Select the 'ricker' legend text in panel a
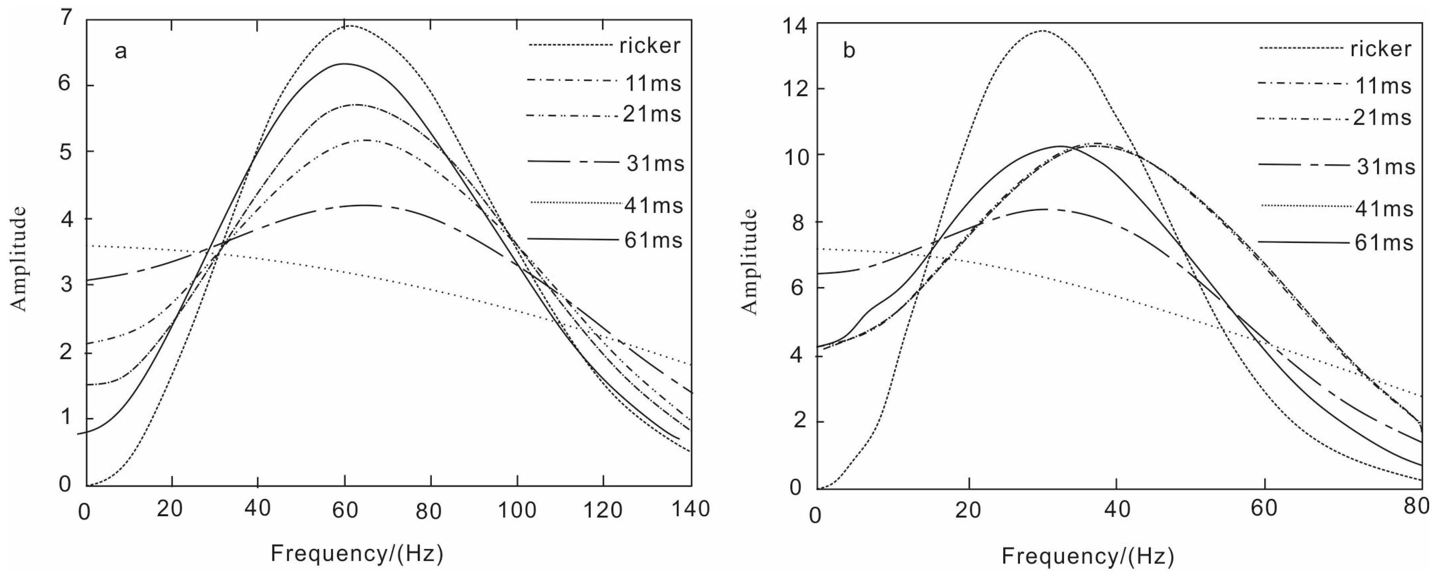tap(650, 46)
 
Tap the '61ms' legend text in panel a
tap(653, 240)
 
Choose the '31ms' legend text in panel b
tap(1386, 166)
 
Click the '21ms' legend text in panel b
tap(1382, 118)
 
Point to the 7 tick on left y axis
tap(67, 19)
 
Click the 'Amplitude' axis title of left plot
tap(19, 258)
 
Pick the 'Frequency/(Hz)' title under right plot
tap(1088, 556)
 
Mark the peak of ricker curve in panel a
tap(347, 26)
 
